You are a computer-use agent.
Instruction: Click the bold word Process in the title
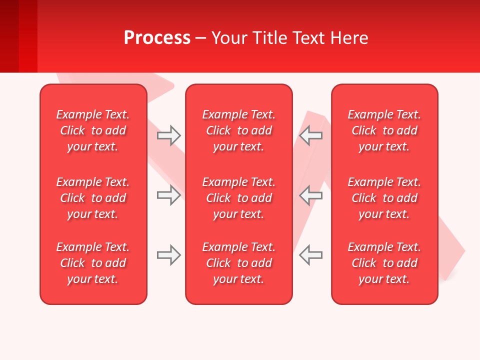click(157, 38)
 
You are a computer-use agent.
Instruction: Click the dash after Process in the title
click(201, 38)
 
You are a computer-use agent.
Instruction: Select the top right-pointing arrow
click(168, 135)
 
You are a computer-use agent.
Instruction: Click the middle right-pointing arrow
click(168, 195)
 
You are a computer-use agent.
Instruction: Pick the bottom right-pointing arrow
click(168, 255)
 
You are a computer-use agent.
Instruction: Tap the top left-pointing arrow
click(310, 135)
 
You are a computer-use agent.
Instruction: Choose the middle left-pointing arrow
click(310, 195)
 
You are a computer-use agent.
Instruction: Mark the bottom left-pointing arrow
click(310, 255)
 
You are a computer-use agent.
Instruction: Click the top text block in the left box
click(93, 130)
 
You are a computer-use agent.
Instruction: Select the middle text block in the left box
click(93, 198)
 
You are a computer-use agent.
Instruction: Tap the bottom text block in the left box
click(93, 263)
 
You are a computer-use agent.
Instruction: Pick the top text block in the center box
click(239, 130)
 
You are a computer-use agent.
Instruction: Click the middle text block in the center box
click(239, 198)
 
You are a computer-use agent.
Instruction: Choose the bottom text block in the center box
click(239, 263)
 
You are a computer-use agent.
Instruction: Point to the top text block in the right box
click(384, 130)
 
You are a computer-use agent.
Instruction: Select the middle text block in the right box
click(384, 198)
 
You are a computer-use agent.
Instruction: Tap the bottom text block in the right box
click(384, 263)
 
